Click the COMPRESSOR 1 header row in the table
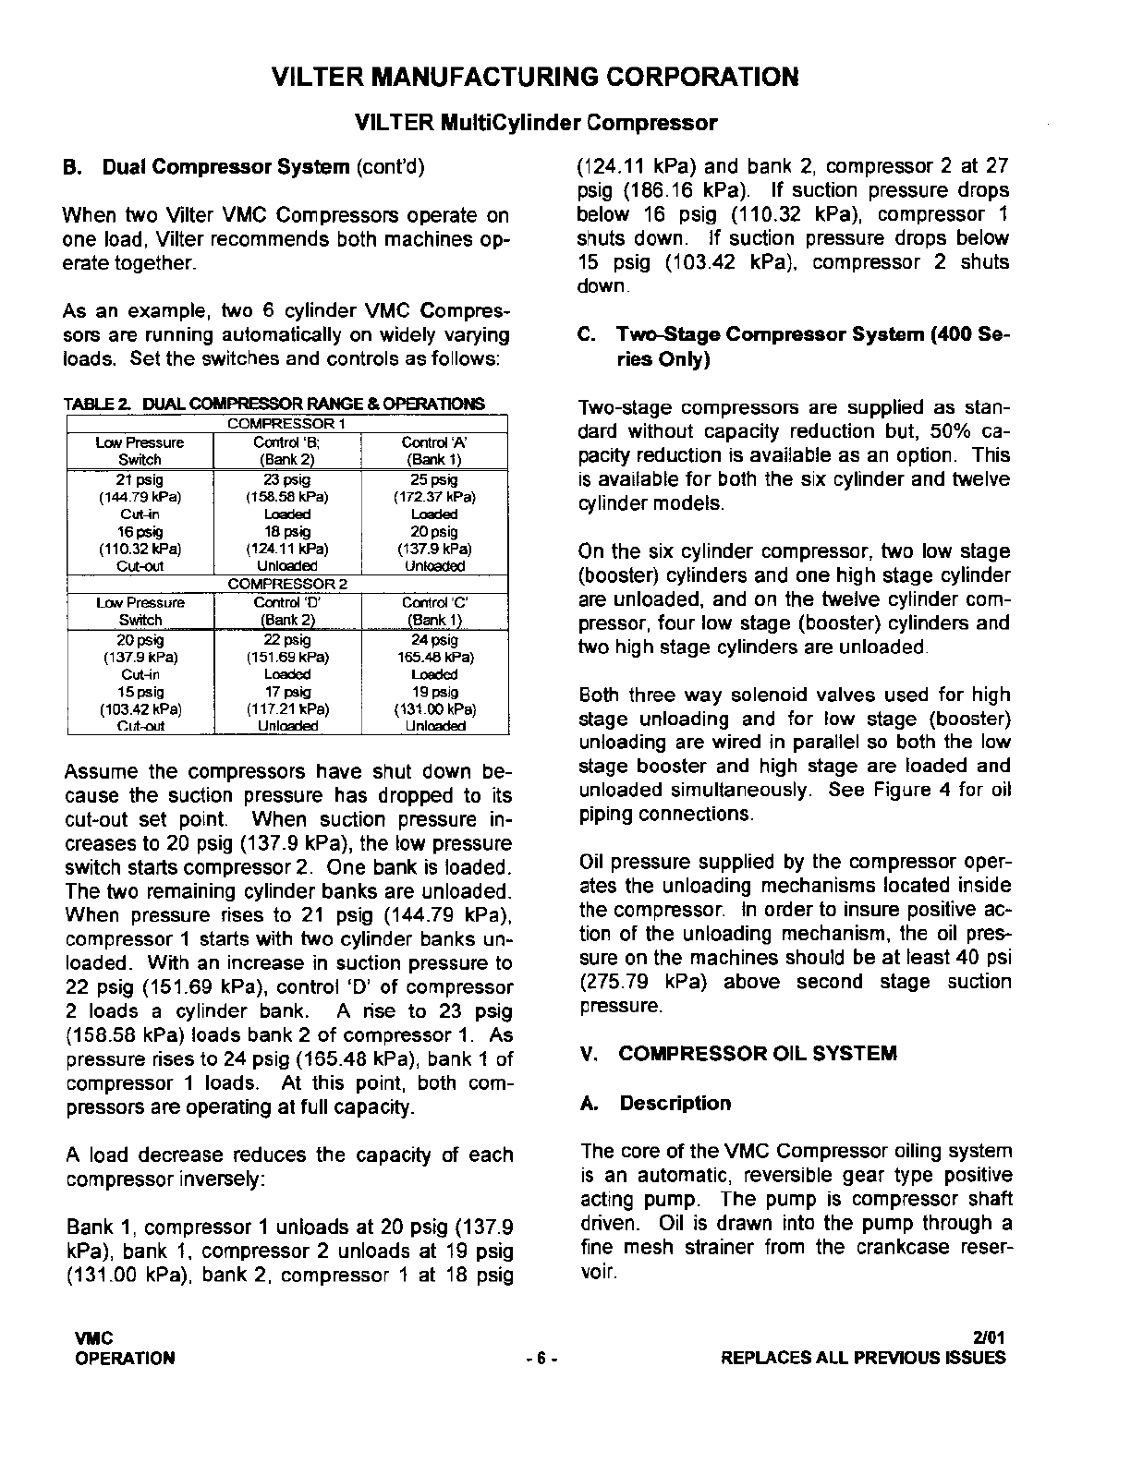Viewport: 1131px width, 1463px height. (x=286, y=423)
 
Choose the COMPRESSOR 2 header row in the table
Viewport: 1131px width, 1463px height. (x=286, y=584)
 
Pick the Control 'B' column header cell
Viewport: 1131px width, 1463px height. (x=286, y=451)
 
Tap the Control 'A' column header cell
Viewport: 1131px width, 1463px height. (x=433, y=451)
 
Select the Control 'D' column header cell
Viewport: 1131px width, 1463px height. (x=286, y=611)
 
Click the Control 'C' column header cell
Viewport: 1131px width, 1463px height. (x=433, y=611)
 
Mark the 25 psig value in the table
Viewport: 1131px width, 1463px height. (x=433, y=479)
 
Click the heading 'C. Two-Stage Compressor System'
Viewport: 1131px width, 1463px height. (x=793, y=345)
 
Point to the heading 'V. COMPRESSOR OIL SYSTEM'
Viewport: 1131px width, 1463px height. (x=738, y=1054)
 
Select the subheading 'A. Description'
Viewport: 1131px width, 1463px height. (x=656, y=1103)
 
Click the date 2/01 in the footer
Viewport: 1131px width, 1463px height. (x=989, y=1336)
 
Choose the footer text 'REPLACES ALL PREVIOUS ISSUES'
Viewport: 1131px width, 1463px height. (x=862, y=1359)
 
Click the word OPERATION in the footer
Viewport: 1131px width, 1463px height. (x=126, y=1359)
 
